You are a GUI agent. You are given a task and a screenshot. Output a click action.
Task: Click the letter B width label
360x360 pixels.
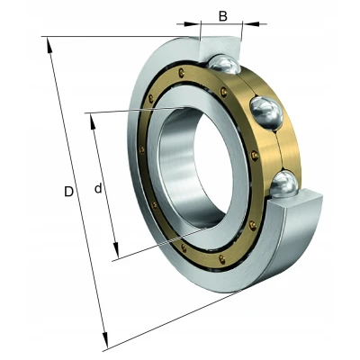coord(223,16)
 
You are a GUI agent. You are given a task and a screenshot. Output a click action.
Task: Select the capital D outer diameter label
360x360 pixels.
coord(68,192)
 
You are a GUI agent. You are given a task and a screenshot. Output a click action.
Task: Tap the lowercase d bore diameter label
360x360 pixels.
coord(98,188)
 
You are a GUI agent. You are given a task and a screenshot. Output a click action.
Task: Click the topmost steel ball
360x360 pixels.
coord(223,64)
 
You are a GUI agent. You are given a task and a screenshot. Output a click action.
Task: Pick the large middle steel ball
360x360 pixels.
coord(266,113)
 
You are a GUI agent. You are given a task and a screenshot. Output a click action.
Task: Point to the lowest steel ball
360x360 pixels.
coord(283,184)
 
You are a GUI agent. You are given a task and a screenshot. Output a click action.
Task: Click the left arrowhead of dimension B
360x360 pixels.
coord(192,24)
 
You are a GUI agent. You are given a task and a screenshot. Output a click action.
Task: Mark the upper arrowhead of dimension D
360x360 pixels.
coord(49,46)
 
